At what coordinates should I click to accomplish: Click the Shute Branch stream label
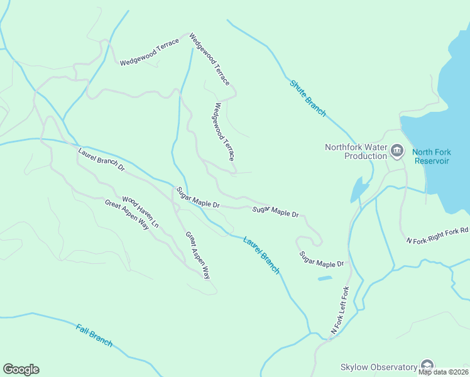tap(308, 98)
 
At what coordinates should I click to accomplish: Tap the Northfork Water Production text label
tap(355, 151)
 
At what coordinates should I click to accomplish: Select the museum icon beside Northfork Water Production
tap(396, 150)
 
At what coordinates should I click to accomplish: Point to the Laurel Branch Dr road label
tap(102, 160)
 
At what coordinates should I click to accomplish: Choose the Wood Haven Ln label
tap(140, 212)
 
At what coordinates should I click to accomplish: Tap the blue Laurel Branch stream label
tap(261, 254)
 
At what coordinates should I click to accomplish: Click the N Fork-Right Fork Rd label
tap(437, 236)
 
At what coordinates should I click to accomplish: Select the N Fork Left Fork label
tap(339, 310)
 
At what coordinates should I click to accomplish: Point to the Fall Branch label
tap(94, 335)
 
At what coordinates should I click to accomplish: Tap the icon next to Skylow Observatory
tap(427, 366)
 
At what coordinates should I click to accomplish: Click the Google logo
tap(21, 369)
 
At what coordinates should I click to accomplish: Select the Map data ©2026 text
tap(443, 372)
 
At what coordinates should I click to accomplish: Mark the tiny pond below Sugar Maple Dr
tap(325, 278)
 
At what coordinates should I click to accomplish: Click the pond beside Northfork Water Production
tap(359, 189)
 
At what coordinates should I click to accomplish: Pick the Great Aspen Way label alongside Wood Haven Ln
tap(127, 214)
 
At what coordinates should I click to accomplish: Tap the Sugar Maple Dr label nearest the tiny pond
tap(322, 260)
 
